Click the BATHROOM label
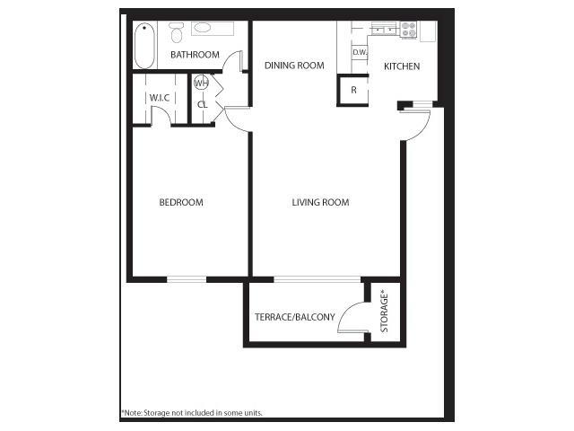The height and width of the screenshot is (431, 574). click(x=195, y=55)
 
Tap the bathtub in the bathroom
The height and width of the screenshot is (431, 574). click(x=143, y=45)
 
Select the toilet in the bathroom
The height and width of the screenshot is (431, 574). click(x=177, y=34)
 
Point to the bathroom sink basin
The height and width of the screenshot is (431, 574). click(x=203, y=29)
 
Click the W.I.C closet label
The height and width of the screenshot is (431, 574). click(x=160, y=97)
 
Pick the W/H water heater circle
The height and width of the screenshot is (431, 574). click(x=201, y=84)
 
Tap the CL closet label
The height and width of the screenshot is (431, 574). click(x=202, y=104)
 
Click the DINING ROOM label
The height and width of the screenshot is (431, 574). click(x=293, y=66)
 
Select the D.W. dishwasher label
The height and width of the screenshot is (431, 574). click(x=359, y=53)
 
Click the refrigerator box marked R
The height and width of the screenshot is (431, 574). click(x=353, y=90)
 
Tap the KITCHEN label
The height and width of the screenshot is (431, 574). click(x=401, y=66)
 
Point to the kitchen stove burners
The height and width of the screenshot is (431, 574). click(x=408, y=30)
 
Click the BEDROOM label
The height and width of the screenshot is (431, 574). click(x=181, y=202)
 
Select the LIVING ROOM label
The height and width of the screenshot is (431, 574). click(x=320, y=202)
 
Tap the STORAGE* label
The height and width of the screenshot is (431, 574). click(x=384, y=311)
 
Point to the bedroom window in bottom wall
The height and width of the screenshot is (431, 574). click(x=187, y=280)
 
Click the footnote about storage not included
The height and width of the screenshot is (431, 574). click(x=192, y=413)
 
